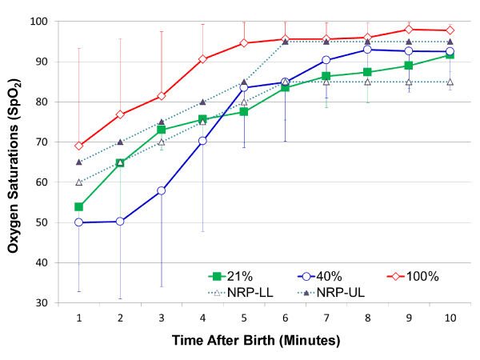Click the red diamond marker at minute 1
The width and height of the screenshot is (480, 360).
pyautogui.click(x=79, y=146)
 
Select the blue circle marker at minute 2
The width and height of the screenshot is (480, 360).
pyautogui.click(x=120, y=222)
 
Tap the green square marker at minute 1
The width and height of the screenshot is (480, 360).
pyautogui.click(x=79, y=206)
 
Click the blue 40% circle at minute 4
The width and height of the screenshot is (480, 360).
pyautogui.click(x=202, y=141)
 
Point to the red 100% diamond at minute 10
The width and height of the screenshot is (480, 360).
pyautogui.click(x=450, y=30)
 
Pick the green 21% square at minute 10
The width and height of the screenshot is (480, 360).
pyautogui.click(x=450, y=54)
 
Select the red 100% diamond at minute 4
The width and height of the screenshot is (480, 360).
pyautogui.click(x=202, y=59)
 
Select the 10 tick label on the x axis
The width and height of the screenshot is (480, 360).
pyautogui.click(x=450, y=318)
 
